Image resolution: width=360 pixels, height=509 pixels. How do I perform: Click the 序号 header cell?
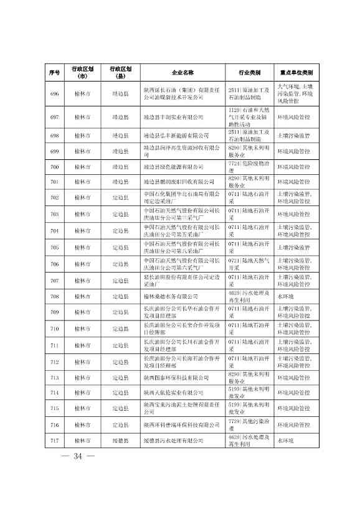(x=54, y=73)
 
